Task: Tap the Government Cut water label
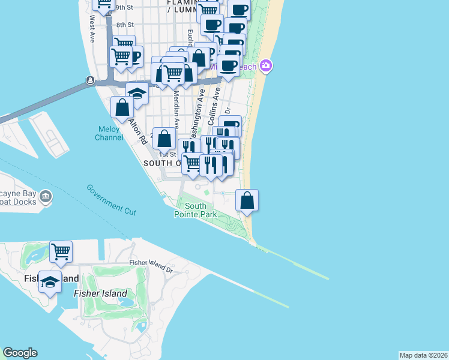[x=112, y=200]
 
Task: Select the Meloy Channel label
[x=109, y=133]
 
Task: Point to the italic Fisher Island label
[x=100, y=293]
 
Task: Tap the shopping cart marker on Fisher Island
[x=61, y=251]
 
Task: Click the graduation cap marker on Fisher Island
[x=50, y=281]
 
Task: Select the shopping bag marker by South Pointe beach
[x=247, y=200]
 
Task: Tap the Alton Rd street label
[x=137, y=130]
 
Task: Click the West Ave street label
[x=92, y=28]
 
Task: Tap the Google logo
[x=20, y=353]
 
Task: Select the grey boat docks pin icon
[x=45, y=196]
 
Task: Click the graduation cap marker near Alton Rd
[x=137, y=94]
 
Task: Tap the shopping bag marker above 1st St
[x=164, y=139]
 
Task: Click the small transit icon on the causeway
[x=90, y=80]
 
